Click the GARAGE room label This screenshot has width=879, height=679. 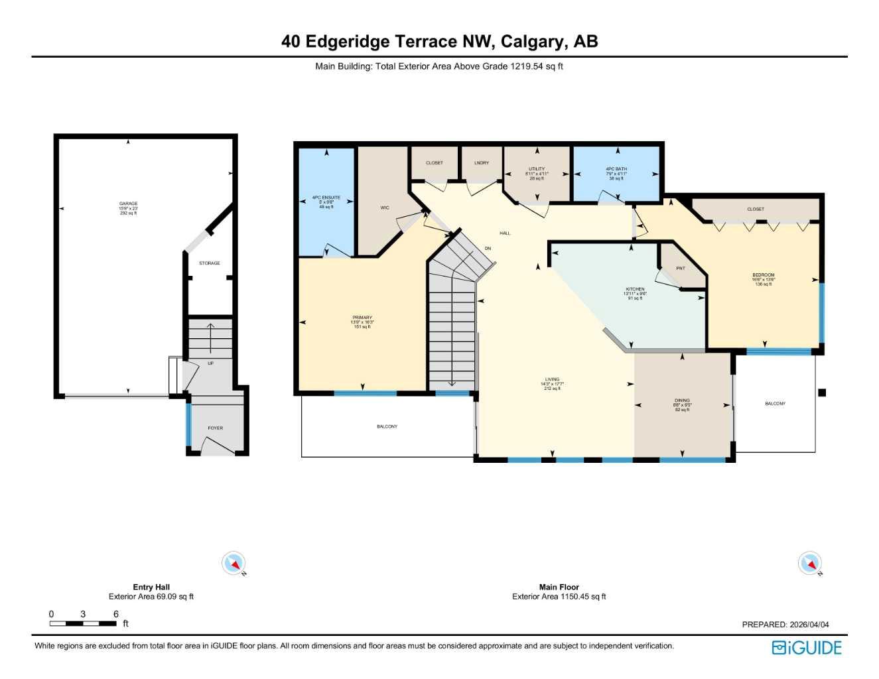tap(128, 204)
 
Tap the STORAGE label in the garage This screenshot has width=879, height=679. tap(209, 263)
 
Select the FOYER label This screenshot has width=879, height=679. tap(215, 428)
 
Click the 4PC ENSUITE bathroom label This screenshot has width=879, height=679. tap(326, 198)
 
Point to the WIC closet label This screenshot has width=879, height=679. tap(385, 208)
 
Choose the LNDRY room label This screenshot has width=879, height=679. tap(482, 163)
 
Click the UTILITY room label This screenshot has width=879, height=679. tap(537, 169)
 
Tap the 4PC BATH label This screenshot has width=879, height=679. tap(616, 169)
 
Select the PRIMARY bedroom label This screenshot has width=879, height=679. tap(362, 318)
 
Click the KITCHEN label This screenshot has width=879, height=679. tap(635, 289)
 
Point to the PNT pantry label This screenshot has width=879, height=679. tap(680, 269)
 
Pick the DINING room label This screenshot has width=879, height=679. tap(682, 401)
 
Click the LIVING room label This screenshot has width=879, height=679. tap(552, 380)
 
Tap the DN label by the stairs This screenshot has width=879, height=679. tap(488, 249)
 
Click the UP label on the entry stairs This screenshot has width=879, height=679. tap(210, 363)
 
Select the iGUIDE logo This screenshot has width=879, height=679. tap(806, 648)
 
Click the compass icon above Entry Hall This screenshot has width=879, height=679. tap(234, 564)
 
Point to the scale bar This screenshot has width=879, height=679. tap(83, 623)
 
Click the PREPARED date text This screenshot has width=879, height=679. tap(785, 625)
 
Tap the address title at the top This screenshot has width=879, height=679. tap(439, 41)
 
